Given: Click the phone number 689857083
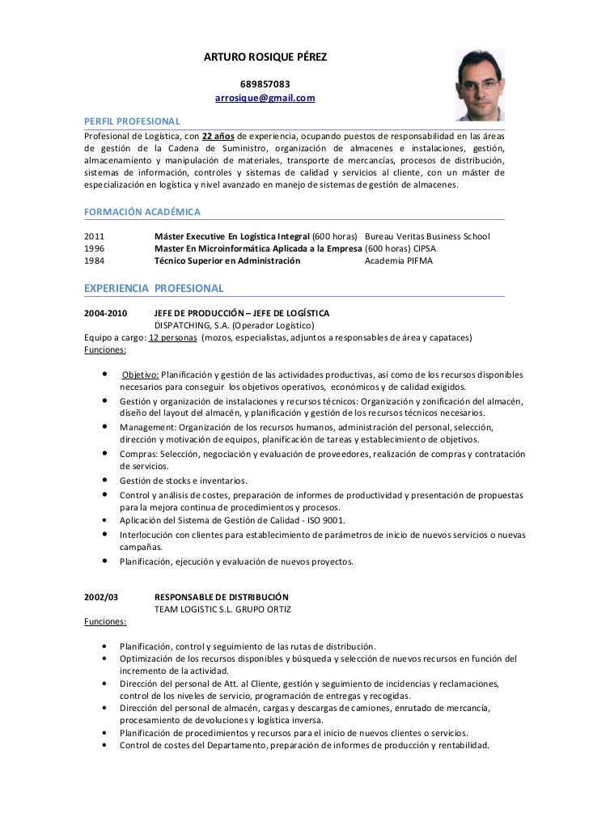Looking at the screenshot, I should pos(265,84).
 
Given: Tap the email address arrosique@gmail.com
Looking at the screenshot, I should pos(265,99).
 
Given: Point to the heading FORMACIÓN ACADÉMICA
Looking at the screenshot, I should pos(142,211).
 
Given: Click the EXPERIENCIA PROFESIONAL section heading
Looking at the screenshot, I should pos(154,288).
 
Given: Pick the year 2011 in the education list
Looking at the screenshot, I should pos(95,236).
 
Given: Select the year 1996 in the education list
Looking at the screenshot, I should pos(95,248).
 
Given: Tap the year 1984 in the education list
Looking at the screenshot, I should pos(95,261).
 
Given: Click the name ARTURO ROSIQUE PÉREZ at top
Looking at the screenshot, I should pos(265,58).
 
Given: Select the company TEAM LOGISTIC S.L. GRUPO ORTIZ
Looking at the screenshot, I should pos(222,608).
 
